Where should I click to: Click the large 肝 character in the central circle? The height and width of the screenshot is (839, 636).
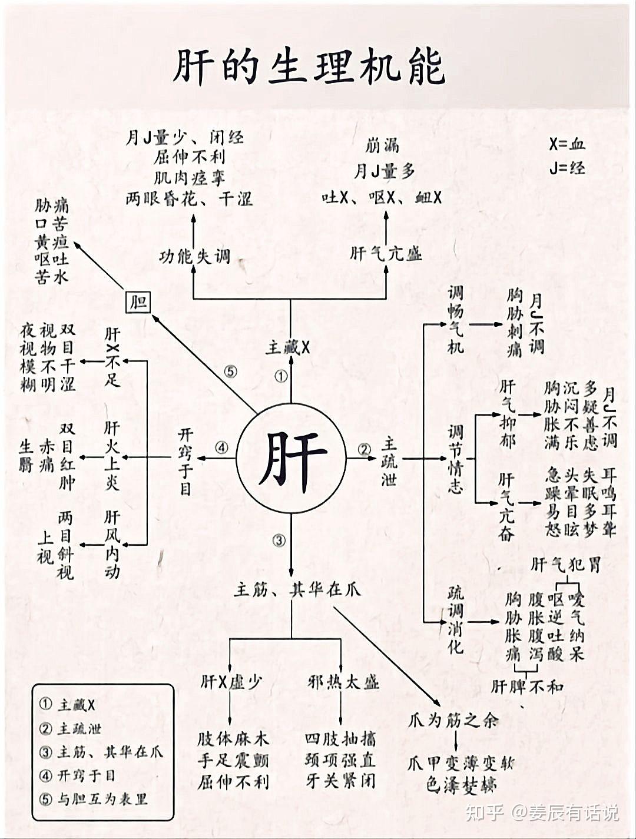(292, 458)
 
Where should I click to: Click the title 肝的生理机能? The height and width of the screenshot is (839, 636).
(309, 67)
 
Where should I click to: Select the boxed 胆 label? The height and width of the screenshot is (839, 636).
(139, 303)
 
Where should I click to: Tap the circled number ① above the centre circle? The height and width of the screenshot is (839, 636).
(281, 376)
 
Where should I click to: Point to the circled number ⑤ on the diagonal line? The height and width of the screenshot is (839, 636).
(230, 372)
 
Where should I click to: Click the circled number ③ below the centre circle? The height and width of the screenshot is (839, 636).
(279, 540)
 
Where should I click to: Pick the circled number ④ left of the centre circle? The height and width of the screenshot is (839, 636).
(221, 448)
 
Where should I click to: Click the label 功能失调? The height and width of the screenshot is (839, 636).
(194, 257)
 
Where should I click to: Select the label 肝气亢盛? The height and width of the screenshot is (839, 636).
(386, 254)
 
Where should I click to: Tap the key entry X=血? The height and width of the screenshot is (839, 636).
(567, 144)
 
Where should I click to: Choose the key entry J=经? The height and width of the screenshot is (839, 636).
(567, 168)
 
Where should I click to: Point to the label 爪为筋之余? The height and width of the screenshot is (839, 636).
(453, 719)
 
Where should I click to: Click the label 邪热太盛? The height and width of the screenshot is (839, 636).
(343, 682)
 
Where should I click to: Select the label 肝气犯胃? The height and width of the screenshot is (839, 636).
(565, 565)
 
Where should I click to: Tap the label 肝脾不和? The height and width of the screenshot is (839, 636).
(527, 687)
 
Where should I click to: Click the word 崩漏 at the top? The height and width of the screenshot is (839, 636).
(382, 145)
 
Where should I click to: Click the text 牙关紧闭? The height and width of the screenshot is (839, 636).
(340, 781)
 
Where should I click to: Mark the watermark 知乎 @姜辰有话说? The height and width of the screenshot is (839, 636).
(542, 813)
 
